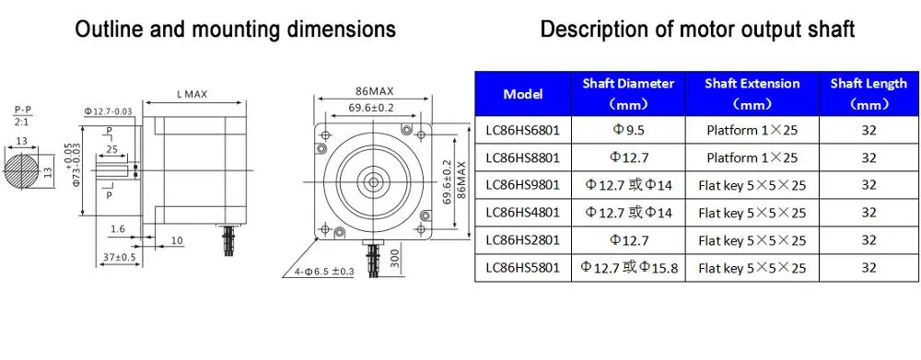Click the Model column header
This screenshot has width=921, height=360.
[523, 93]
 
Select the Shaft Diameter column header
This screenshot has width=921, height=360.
[628, 93]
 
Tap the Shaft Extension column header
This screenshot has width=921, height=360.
[752, 93]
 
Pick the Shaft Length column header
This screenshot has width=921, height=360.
[869, 93]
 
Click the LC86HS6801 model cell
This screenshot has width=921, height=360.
[523, 130]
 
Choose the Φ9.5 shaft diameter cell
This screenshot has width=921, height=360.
[628, 130]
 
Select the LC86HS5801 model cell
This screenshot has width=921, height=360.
[523, 268]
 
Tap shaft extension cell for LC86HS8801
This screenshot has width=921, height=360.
[752, 157]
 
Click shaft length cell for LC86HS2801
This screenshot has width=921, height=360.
[869, 240]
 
